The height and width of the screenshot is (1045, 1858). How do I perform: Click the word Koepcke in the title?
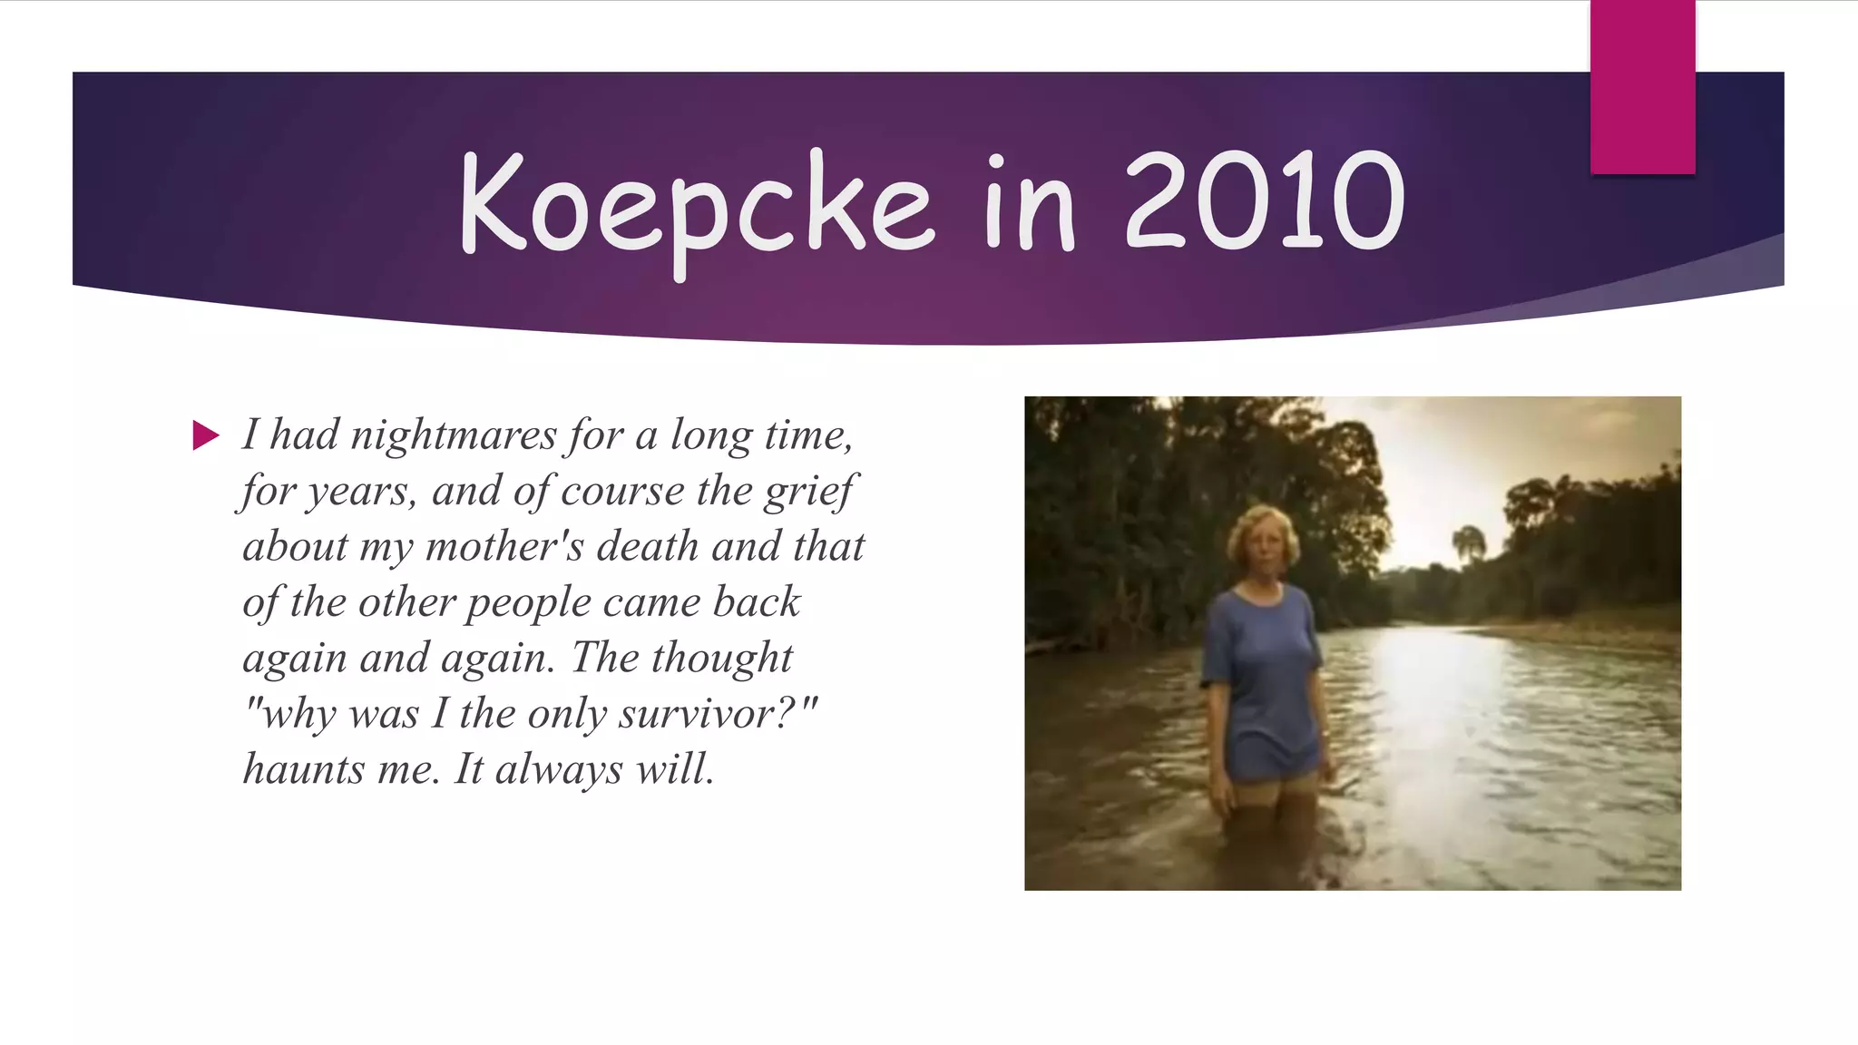[x=696, y=204]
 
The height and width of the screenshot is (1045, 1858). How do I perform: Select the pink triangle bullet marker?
[x=206, y=435]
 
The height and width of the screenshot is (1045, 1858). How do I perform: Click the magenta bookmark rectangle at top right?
[x=1642, y=86]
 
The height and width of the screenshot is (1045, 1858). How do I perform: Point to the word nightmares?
[x=453, y=435]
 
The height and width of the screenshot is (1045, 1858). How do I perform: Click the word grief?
[x=807, y=492]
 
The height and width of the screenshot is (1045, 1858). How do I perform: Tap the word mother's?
[x=504, y=547]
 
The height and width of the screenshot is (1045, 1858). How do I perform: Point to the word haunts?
[x=303, y=769]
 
